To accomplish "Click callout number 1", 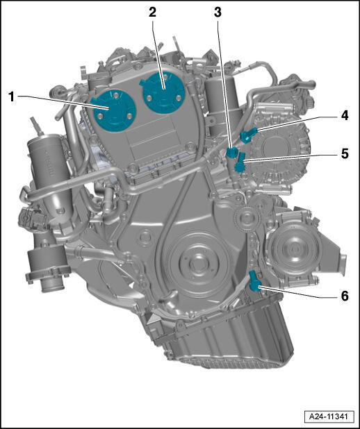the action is [11, 97].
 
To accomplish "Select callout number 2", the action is [153, 12].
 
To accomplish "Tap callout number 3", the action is [218, 12].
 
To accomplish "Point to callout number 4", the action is [345, 115].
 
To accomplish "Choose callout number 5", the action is [345, 153].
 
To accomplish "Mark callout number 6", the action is [345, 296].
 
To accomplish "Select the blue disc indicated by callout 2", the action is [163, 92].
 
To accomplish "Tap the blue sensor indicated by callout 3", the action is [231, 152].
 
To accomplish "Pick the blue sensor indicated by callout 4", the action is [248, 135].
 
